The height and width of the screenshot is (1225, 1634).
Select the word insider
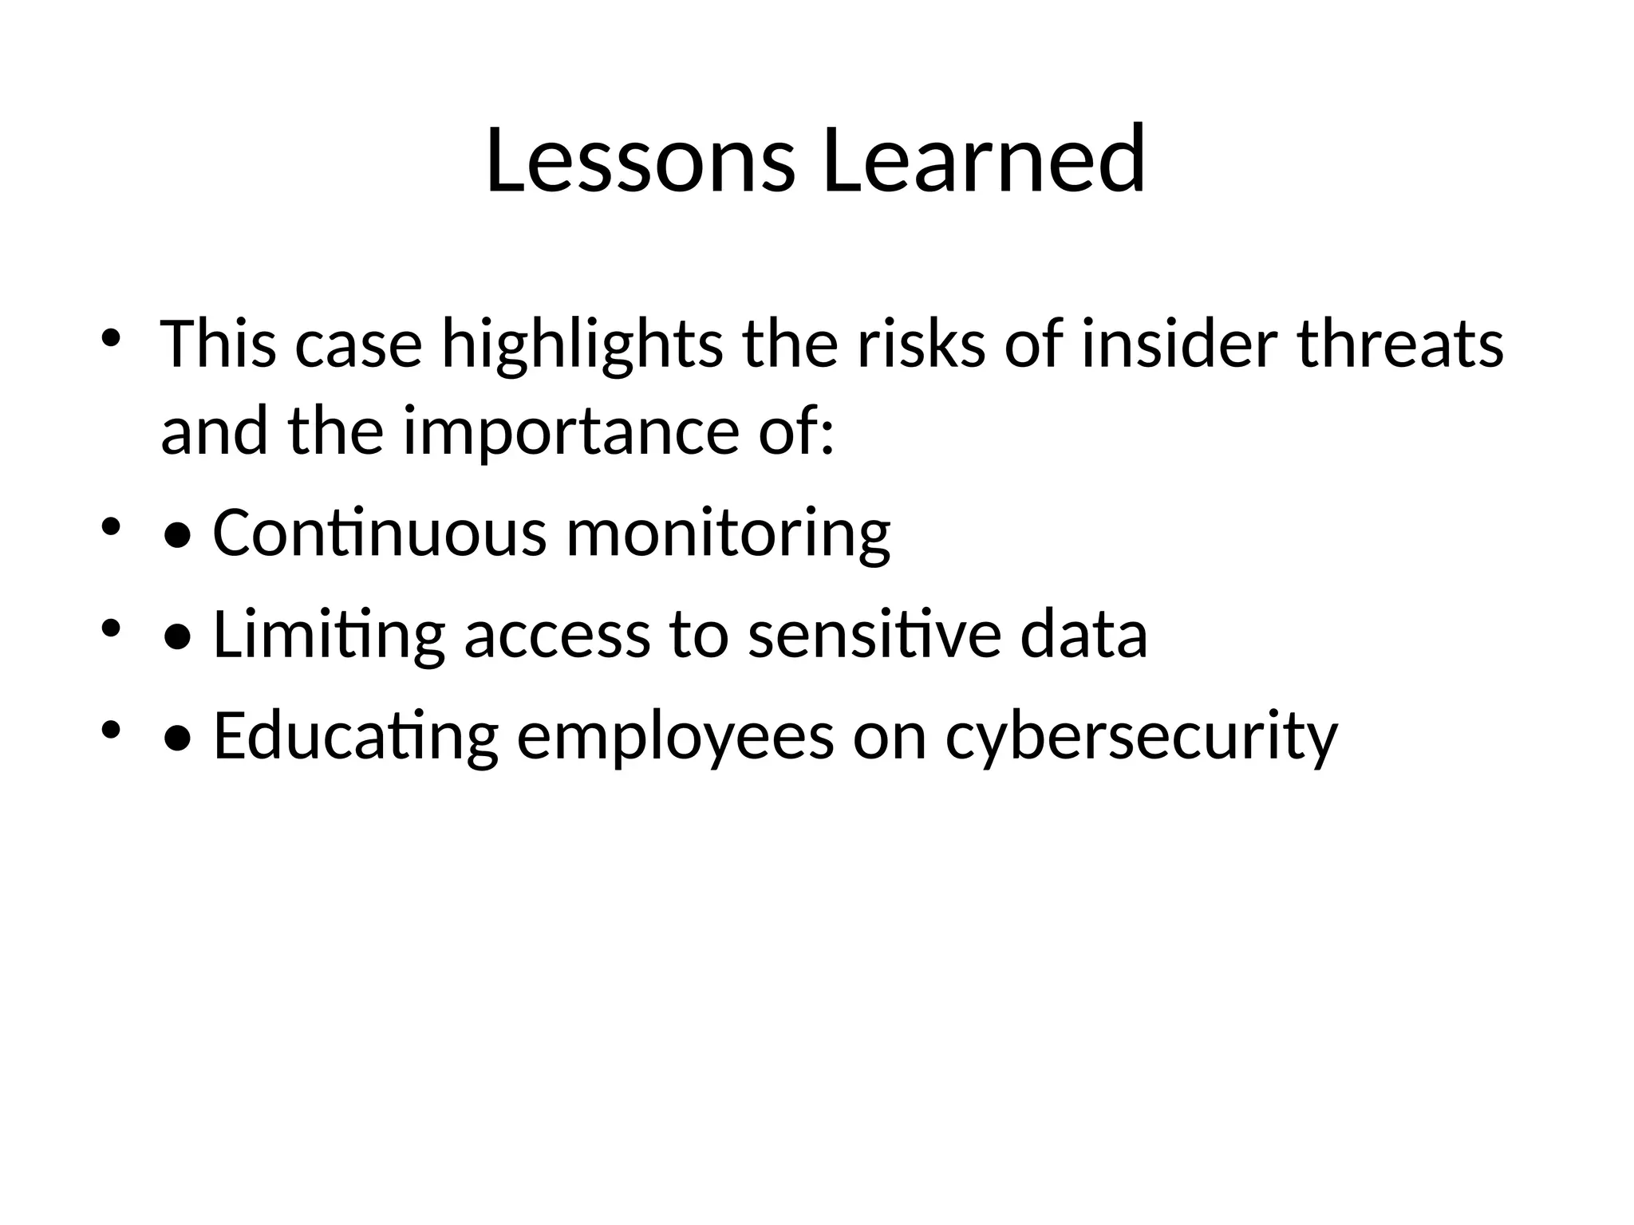click(x=1179, y=345)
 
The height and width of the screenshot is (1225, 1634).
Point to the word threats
click(x=1400, y=345)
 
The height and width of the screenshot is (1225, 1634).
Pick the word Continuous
click(x=380, y=533)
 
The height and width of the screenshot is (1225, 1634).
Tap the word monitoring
click(x=728, y=533)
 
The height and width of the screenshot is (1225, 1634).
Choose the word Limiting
click(x=329, y=635)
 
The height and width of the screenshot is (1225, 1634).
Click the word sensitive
click(x=874, y=635)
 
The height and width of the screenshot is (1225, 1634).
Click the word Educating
click(x=356, y=735)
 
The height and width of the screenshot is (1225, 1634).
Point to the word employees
click(x=675, y=735)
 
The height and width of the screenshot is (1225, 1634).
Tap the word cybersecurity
click(x=1141, y=735)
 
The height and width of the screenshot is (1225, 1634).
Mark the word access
click(x=557, y=635)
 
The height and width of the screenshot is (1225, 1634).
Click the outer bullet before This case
click(x=111, y=337)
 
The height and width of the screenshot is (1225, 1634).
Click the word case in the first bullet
click(x=358, y=345)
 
